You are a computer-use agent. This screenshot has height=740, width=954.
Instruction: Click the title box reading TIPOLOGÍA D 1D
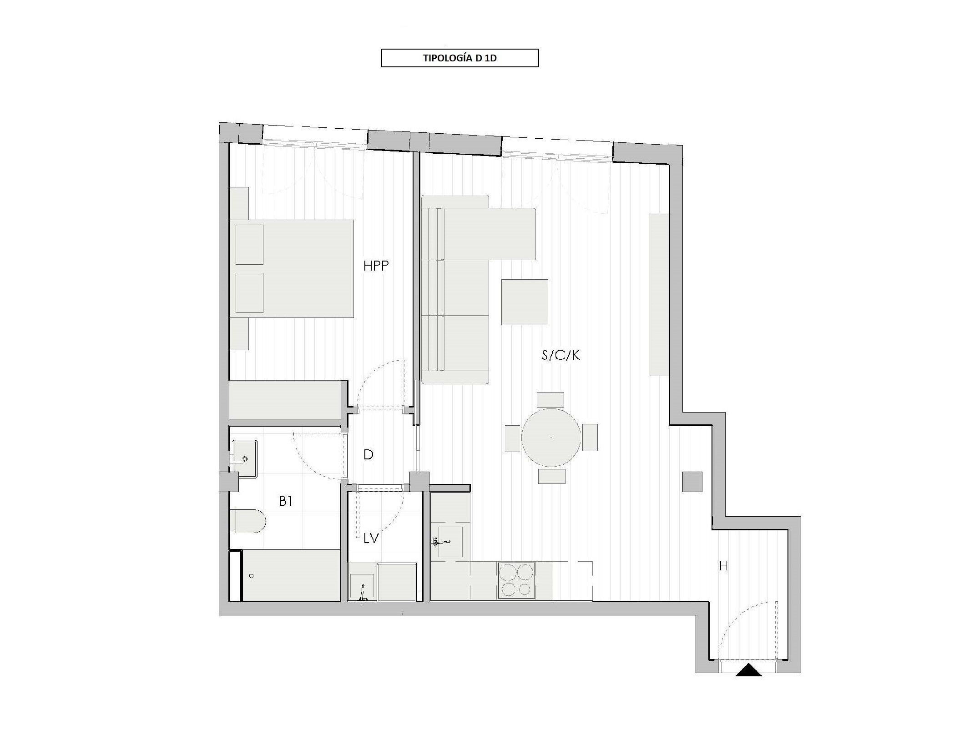(x=460, y=58)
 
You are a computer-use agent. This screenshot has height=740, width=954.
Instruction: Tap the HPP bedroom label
(x=376, y=266)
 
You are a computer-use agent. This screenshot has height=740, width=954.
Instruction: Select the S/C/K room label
(x=560, y=355)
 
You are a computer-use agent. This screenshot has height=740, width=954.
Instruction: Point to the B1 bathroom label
(x=286, y=501)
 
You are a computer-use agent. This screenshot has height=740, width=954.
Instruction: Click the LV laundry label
(x=371, y=539)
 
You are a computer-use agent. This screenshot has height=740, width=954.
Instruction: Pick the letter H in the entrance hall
(x=723, y=566)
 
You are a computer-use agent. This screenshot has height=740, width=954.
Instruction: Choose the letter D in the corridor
(x=368, y=454)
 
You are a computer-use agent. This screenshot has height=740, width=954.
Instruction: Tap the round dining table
(x=551, y=438)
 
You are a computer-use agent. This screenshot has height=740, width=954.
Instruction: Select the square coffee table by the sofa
(x=525, y=302)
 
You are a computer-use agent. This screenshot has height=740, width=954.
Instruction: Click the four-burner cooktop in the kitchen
(x=516, y=581)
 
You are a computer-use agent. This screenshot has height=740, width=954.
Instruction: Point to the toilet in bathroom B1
(x=247, y=521)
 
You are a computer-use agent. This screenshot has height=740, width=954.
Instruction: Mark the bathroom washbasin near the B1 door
(x=243, y=458)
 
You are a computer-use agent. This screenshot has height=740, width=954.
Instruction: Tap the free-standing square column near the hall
(x=692, y=482)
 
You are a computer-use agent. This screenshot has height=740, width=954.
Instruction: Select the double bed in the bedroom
(x=292, y=269)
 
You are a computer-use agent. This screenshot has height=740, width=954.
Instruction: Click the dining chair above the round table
(x=550, y=400)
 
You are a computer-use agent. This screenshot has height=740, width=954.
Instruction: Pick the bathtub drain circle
(x=251, y=576)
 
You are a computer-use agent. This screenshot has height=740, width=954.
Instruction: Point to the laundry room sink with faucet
(x=362, y=588)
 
